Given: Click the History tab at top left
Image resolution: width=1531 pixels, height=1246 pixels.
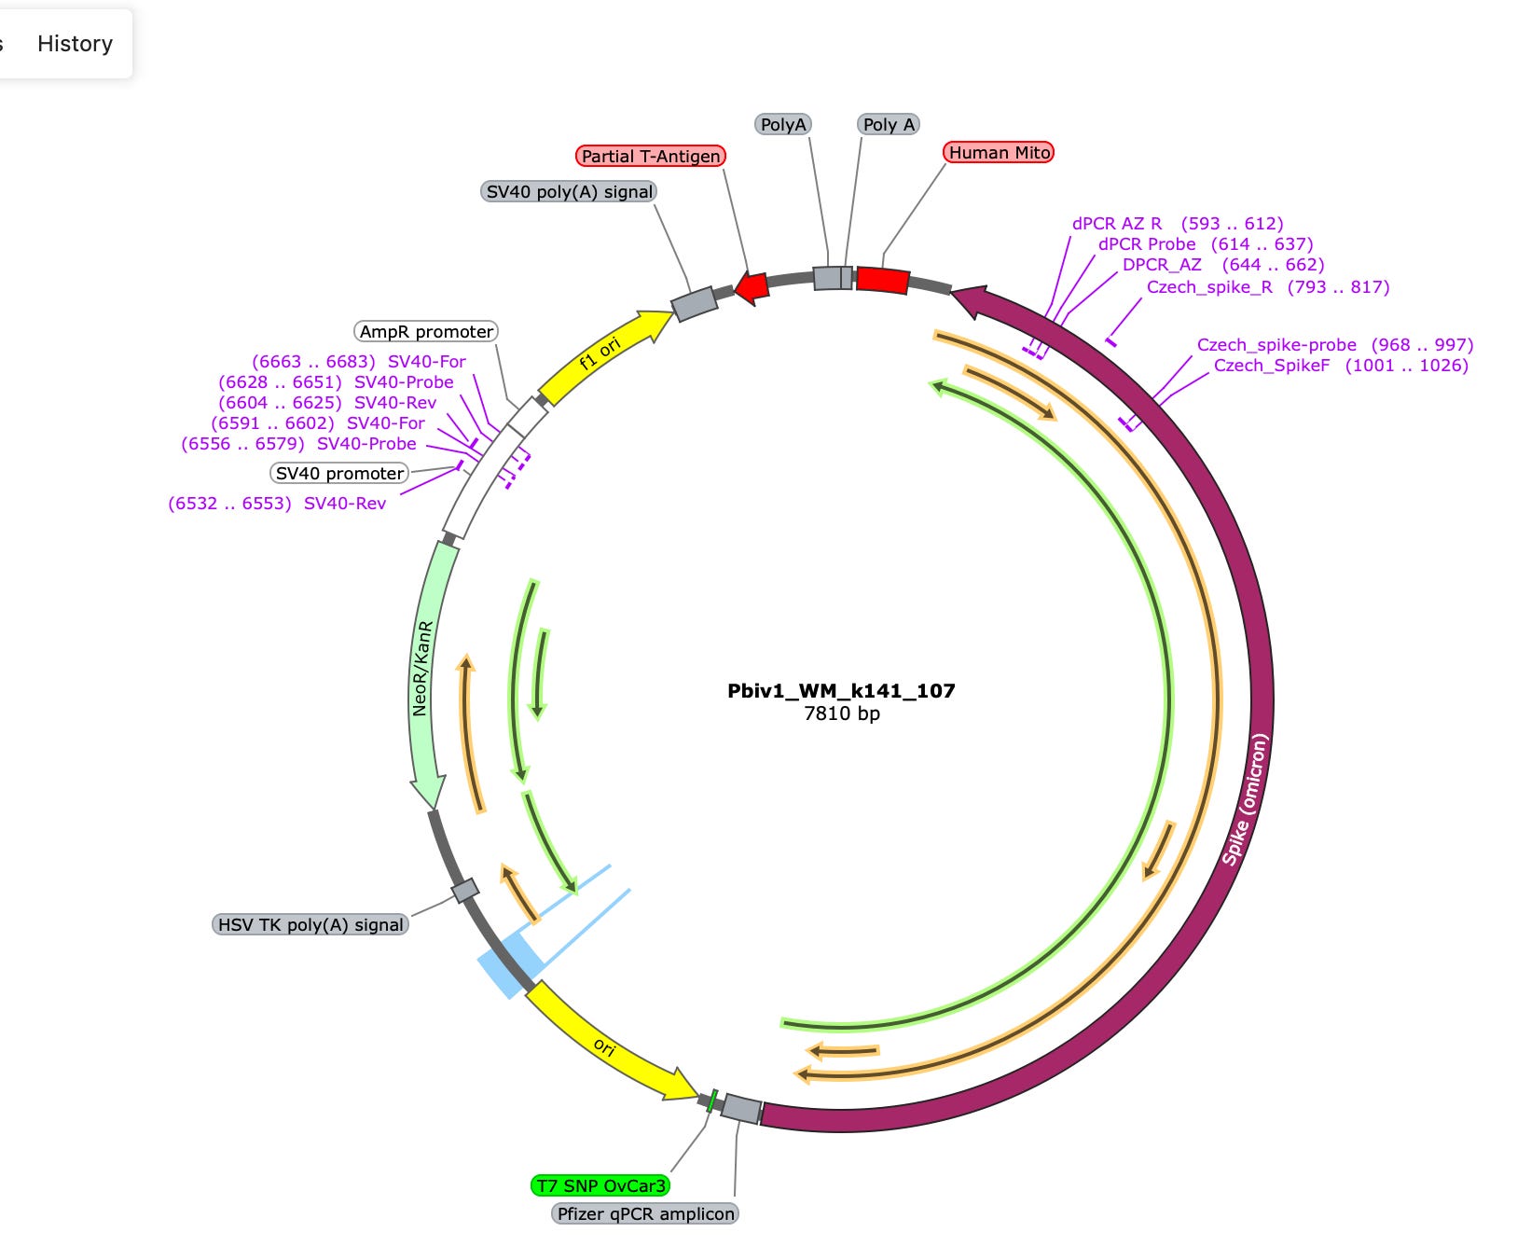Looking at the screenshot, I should tap(75, 44).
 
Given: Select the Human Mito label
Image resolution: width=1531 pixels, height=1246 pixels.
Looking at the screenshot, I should tap(999, 153).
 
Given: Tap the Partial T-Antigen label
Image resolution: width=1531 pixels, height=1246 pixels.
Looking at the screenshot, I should tap(650, 157).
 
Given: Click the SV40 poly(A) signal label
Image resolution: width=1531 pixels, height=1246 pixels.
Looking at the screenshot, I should tap(569, 192).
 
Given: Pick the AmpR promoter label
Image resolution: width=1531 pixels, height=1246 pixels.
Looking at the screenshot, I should tap(426, 332).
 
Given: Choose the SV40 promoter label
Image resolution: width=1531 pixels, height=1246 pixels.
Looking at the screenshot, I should tap(339, 474).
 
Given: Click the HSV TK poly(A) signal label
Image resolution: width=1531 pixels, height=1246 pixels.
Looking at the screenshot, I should tap(310, 925).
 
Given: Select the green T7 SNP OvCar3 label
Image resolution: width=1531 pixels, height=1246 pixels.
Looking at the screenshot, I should tap(600, 1186).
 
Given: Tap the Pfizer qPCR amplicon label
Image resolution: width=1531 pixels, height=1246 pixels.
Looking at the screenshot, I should tap(645, 1214).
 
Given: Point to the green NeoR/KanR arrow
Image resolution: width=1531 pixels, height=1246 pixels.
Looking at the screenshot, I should tap(428, 671).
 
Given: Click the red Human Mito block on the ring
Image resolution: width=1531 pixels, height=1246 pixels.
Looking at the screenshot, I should tap(882, 280).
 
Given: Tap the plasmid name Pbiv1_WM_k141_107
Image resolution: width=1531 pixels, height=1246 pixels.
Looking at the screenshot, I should tap(841, 691).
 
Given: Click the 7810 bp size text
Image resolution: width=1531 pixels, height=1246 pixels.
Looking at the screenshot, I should tap(841, 714).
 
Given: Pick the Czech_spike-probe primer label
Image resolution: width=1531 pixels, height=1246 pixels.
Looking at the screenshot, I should tap(1276, 345).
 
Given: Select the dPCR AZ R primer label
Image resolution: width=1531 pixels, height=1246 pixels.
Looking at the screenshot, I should tap(1117, 224).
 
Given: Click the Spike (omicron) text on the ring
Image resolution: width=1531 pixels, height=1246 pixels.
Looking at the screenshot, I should tap(1246, 800).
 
